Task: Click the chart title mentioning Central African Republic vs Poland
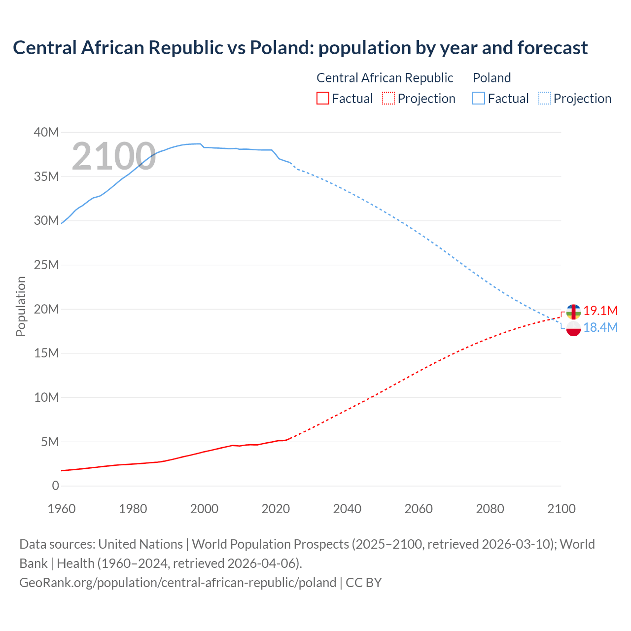coord(300,48)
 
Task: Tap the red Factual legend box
coord(322,99)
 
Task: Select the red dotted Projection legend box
coord(388,99)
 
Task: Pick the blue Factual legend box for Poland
coord(479,99)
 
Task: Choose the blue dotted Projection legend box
coord(544,99)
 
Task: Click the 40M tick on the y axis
coord(46,132)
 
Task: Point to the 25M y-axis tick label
coord(46,265)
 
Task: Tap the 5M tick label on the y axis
coord(49,442)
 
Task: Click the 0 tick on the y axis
coord(55,486)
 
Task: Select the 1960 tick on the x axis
coord(62,509)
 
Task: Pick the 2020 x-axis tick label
coord(276,509)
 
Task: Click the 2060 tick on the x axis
coord(419,509)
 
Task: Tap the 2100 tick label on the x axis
coord(561,509)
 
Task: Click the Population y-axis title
coord(21,306)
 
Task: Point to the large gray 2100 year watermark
coord(114,157)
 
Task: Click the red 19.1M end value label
coord(600,311)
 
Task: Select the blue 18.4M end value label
coord(600,327)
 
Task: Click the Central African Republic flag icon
coord(573,312)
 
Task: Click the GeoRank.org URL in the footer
coord(177,583)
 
